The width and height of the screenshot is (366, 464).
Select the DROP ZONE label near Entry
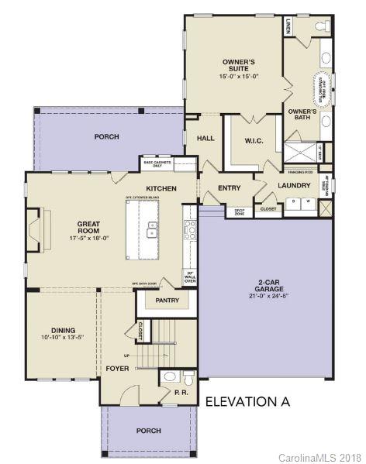239,211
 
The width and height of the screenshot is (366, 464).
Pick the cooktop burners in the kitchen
189,228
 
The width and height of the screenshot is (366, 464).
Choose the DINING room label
64,329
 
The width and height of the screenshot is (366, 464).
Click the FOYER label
118,369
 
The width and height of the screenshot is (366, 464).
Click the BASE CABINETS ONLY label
156,163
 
